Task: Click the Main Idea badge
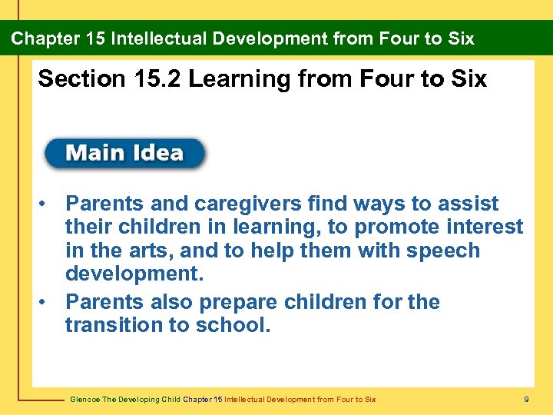(x=124, y=153)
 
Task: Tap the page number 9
(x=525, y=399)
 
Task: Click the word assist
(x=469, y=204)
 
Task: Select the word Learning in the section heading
(x=240, y=78)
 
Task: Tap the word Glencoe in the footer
(x=84, y=399)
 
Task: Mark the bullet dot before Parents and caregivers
(x=47, y=204)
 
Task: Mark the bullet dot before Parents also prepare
(x=47, y=302)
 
